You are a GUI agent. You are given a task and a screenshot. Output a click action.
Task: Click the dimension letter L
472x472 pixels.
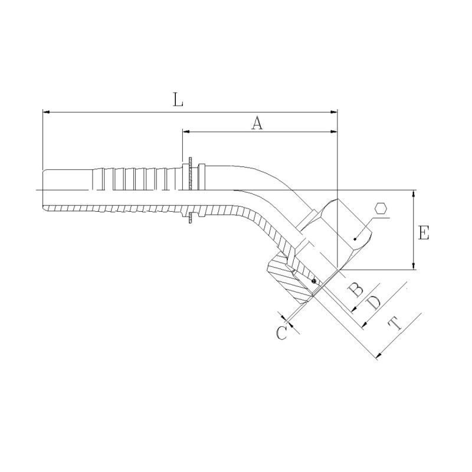[x=178, y=100]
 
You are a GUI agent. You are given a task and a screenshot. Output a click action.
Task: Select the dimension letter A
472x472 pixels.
[x=257, y=123]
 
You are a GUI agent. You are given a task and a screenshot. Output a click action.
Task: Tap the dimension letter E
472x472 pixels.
[x=424, y=232]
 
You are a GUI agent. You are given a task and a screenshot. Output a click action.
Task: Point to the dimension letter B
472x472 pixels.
[x=356, y=290]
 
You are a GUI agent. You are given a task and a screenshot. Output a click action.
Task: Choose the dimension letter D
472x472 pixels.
[x=373, y=303]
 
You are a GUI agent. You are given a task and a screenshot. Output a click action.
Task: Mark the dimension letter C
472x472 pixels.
[x=282, y=333]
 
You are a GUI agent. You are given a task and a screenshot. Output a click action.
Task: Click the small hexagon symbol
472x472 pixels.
[x=381, y=209]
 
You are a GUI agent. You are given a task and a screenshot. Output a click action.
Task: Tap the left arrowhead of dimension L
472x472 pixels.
[x=46, y=112]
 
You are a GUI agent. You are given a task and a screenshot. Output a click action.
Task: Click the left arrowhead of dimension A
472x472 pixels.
[x=186, y=132]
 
